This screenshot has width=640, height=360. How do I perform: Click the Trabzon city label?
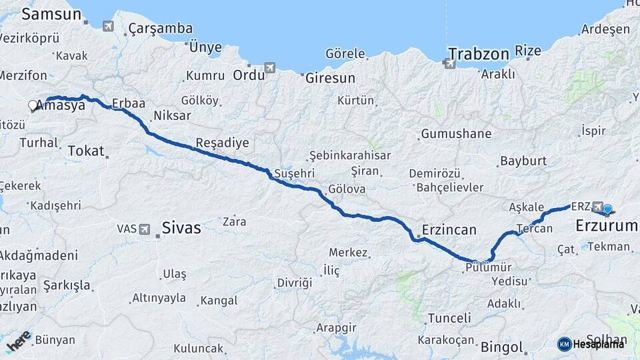[478, 53]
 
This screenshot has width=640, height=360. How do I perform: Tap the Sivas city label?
[181, 228]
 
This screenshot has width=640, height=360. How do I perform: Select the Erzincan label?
[449, 231]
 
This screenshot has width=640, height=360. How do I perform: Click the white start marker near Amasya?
[33, 105]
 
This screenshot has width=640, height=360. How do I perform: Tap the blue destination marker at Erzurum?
[607, 209]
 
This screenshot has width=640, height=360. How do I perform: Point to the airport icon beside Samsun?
[109, 26]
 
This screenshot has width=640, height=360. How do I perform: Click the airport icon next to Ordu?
[269, 67]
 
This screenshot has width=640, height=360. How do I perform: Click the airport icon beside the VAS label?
[145, 229]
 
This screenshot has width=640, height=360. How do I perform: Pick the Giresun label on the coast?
[330, 78]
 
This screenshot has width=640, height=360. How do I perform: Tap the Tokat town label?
[87, 151]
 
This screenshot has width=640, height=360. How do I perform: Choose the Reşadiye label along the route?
[222, 143]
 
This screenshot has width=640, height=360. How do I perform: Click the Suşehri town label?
[294, 173]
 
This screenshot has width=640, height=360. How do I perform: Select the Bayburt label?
[523, 161]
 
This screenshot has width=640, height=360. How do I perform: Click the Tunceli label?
[449, 318]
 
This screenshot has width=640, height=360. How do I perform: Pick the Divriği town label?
[294, 283]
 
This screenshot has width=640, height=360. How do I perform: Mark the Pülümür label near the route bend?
[489, 267]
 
